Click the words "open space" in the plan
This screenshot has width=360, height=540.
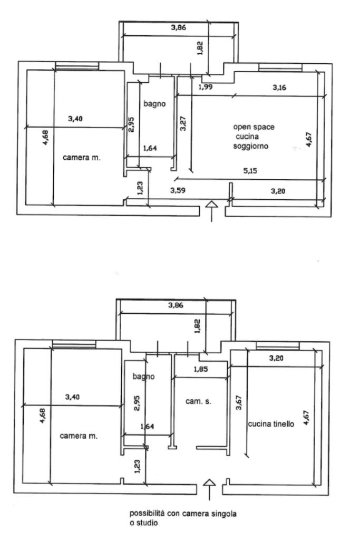(x=254, y=127)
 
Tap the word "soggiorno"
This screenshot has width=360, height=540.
(x=250, y=146)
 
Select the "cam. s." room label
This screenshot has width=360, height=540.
(x=198, y=401)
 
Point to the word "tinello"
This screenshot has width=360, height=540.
(x=284, y=423)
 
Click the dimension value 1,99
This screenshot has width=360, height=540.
(x=206, y=87)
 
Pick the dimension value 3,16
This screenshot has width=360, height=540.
(x=279, y=88)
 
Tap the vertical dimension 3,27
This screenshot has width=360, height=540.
(x=183, y=123)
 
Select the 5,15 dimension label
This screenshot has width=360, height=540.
(x=250, y=170)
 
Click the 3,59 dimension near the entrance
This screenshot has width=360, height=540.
(x=178, y=190)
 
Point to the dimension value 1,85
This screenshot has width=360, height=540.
(x=201, y=369)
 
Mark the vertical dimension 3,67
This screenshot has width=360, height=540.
(x=239, y=402)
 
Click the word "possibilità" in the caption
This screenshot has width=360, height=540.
(x=147, y=514)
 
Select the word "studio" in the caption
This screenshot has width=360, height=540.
(x=147, y=523)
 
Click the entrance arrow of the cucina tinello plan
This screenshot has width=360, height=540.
(x=209, y=489)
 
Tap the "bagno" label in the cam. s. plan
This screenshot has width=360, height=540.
(x=143, y=377)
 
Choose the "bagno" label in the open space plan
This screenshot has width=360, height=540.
(x=154, y=104)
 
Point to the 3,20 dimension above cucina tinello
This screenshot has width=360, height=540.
(x=276, y=358)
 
